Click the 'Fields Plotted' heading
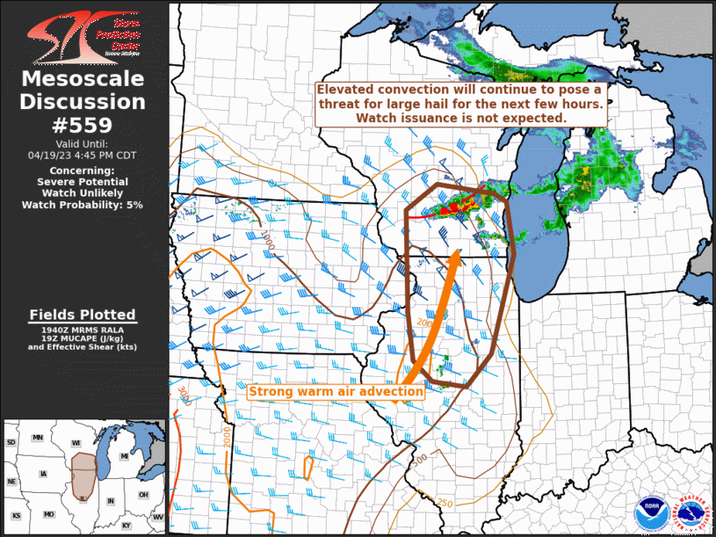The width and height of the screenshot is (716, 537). tap(82, 315)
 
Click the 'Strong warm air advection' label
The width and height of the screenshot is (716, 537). tap(336, 392)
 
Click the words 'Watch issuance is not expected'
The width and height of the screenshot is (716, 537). tap(461, 117)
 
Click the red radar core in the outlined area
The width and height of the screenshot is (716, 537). tap(455, 207)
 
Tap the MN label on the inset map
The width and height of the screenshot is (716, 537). tap(38, 437)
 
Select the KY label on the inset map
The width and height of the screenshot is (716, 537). tap(127, 526)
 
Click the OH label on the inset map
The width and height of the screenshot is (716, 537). tap(143, 494)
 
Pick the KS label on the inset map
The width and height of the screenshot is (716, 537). tap(17, 514)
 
